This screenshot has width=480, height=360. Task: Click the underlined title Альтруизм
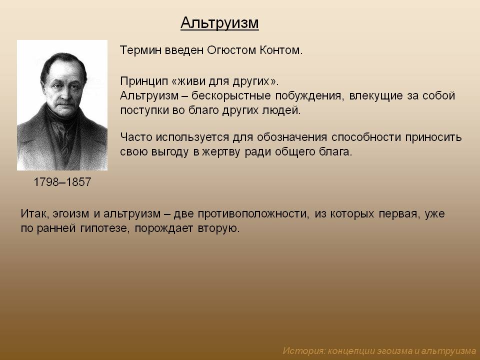[219, 23]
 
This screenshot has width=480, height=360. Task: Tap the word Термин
[140, 50]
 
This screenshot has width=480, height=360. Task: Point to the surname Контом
[281, 50]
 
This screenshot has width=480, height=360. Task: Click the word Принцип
[144, 81]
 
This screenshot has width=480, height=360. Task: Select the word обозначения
[291, 137]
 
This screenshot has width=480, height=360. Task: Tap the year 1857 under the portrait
[78, 182]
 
